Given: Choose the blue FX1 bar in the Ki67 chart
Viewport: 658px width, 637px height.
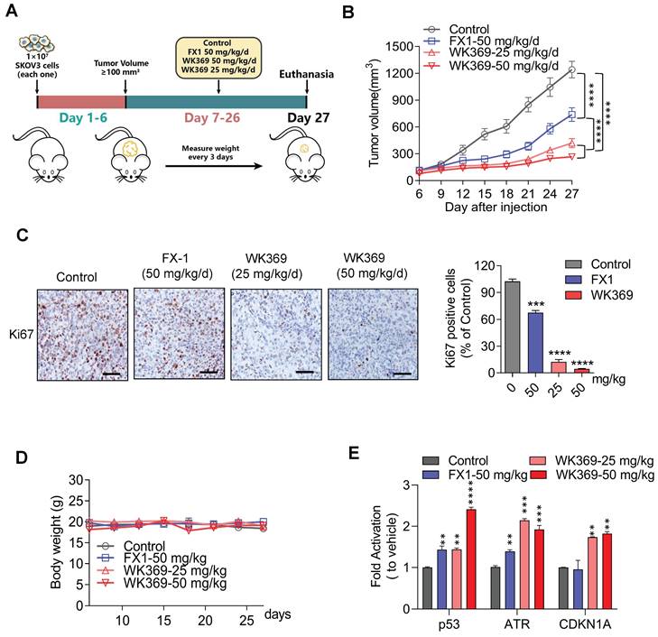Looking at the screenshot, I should [x=535, y=343].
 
